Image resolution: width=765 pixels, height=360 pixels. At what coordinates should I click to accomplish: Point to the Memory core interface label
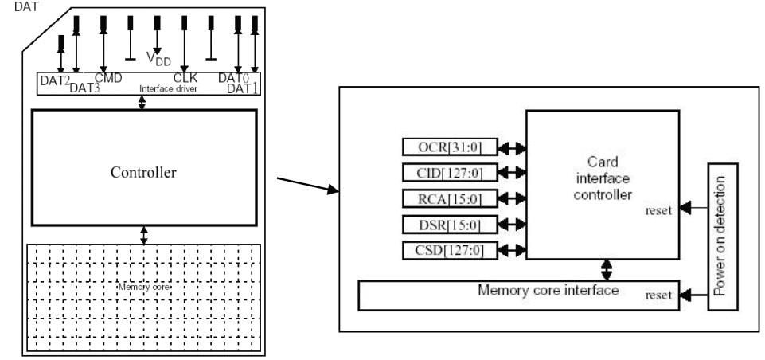click(548, 290)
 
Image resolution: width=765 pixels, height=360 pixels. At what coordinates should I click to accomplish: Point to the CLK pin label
click(185, 77)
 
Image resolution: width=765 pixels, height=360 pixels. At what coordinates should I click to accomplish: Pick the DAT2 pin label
click(55, 79)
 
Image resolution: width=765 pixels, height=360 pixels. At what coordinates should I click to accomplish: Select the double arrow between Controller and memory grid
click(143, 234)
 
